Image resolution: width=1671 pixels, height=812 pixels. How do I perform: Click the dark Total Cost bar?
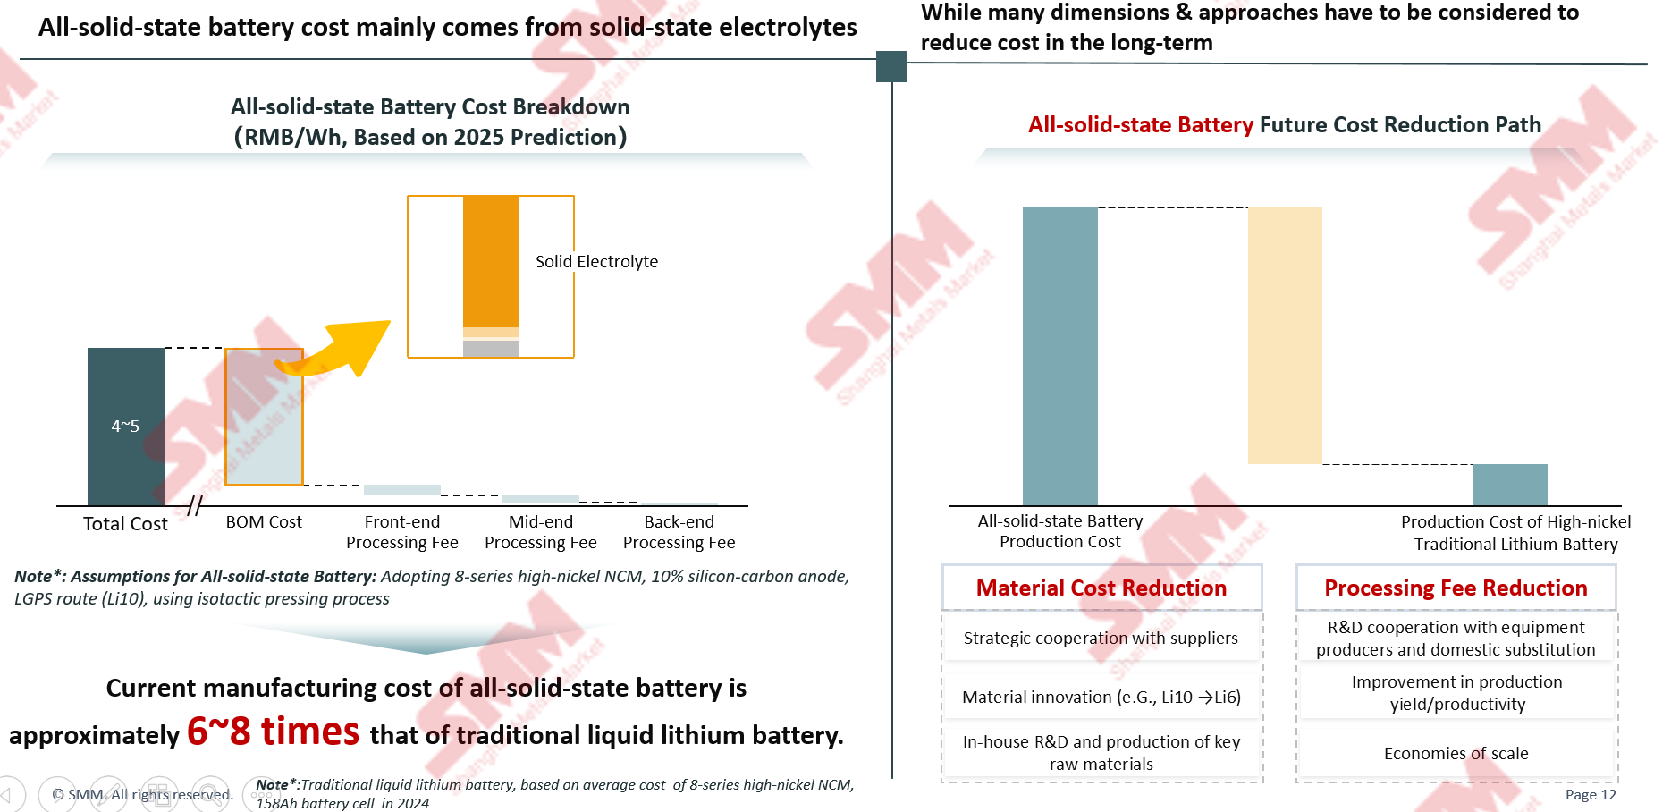click(126, 427)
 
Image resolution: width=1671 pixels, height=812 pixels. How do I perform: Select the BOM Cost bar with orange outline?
click(264, 417)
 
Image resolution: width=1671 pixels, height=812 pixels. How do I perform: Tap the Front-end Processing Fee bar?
click(402, 490)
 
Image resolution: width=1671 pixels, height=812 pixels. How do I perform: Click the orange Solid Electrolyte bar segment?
click(491, 261)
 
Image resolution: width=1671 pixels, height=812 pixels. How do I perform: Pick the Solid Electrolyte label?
click(596, 261)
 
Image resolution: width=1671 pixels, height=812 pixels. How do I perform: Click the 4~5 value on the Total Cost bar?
click(125, 427)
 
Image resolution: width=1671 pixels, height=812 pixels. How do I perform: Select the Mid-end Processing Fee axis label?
click(541, 532)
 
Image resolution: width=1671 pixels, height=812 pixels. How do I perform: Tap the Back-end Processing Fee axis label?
click(679, 532)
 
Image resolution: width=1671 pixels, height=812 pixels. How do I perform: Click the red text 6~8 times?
click(274, 732)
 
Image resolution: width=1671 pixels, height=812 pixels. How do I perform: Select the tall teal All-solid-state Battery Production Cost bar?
click(1060, 357)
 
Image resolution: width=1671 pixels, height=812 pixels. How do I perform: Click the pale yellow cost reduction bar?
click(1285, 335)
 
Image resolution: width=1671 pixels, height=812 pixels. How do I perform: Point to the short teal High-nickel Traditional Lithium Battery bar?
click(1510, 485)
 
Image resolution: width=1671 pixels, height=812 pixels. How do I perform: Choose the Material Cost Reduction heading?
click(1101, 588)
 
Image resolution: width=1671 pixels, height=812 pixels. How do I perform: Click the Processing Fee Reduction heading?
click(1456, 588)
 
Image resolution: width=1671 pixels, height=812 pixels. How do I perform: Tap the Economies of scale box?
click(1456, 753)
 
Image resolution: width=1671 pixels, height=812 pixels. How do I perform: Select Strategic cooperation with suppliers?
click(1101, 638)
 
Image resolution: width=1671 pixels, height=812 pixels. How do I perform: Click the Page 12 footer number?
click(1591, 795)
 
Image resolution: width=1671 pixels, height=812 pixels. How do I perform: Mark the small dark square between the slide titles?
click(891, 66)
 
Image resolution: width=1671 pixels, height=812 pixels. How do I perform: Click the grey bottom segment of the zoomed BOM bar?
click(491, 349)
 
